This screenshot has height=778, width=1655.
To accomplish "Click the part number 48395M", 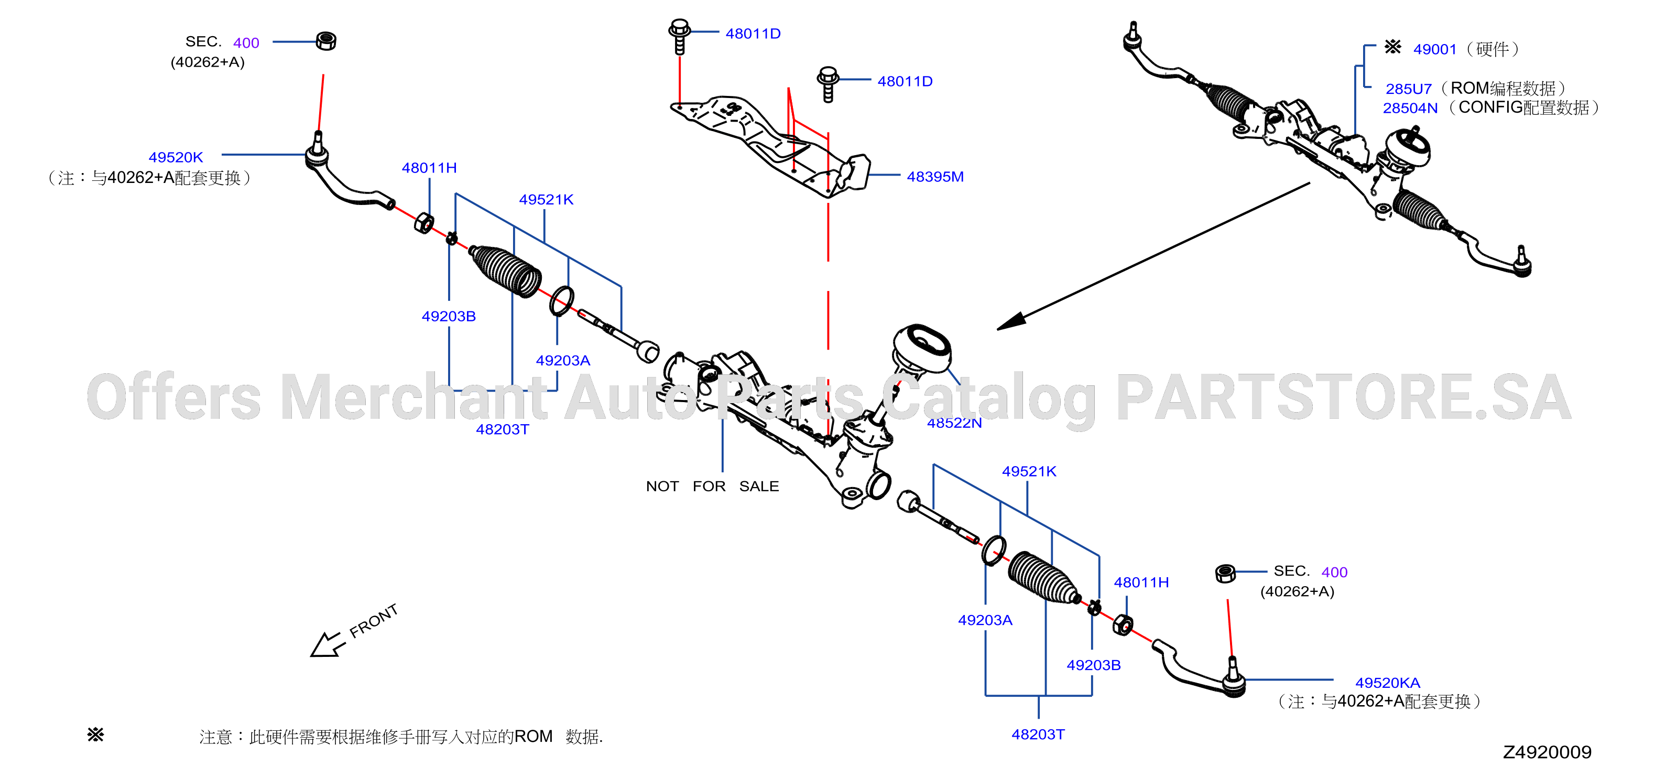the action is [935, 177].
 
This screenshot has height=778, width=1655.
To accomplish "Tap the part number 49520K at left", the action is [176, 157].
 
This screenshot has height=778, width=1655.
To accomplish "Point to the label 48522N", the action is [954, 423].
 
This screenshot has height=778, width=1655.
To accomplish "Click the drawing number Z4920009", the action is [1547, 752].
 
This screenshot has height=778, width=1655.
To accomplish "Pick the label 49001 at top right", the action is [1435, 49].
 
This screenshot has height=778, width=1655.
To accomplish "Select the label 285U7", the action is [1408, 89].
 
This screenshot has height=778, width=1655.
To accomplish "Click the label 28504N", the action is [1410, 108].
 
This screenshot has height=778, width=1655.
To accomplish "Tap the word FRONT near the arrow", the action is [373, 621].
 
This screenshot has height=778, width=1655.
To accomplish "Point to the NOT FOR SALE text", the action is [713, 487].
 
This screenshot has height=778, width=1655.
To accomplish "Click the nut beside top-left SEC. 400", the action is [326, 41].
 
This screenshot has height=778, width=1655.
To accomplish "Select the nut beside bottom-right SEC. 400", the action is [1225, 573].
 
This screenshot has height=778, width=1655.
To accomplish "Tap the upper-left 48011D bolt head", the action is [679, 28].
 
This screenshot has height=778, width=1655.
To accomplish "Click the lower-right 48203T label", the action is [1038, 734].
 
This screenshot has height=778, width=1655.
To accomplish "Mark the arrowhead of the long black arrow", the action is [1010, 322].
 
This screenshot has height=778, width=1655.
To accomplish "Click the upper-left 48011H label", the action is [429, 168].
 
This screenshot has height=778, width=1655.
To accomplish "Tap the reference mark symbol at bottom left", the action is [96, 734].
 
